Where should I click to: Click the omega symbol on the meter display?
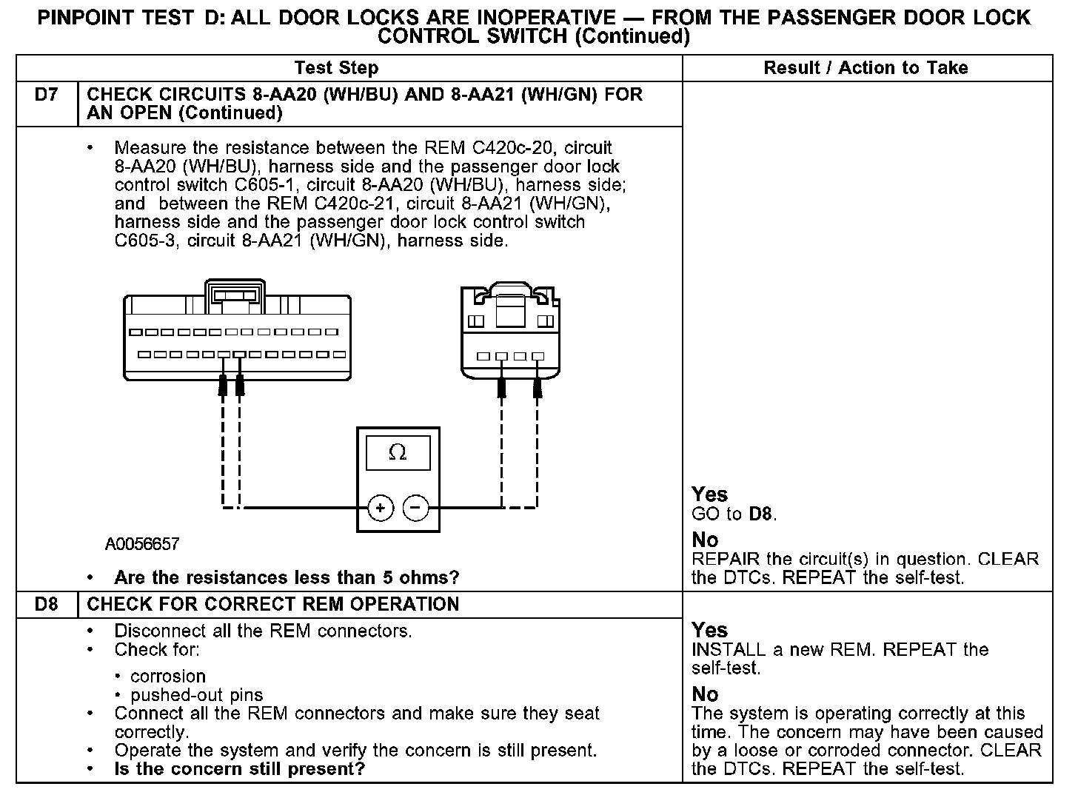click(398, 452)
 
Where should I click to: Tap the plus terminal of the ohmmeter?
click(380, 508)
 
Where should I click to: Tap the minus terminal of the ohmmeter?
click(415, 508)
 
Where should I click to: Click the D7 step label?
click(46, 95)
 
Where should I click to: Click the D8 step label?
click(46, 605)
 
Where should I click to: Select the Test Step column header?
click(336, 68)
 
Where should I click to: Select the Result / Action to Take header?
click(866, 68)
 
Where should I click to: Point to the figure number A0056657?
click(142, 545)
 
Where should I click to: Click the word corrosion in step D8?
click(168, 677)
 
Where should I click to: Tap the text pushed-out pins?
click(196, 695)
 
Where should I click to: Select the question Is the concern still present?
click(240, 769)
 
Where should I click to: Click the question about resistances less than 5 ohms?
click(287, 577)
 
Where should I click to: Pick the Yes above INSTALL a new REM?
click(709, 630)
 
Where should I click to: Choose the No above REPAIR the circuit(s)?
click(705, 540)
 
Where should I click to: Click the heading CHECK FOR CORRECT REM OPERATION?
click(273, 605)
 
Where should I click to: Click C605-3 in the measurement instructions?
click(146, 241)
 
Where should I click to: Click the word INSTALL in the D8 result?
click(728, 650)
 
